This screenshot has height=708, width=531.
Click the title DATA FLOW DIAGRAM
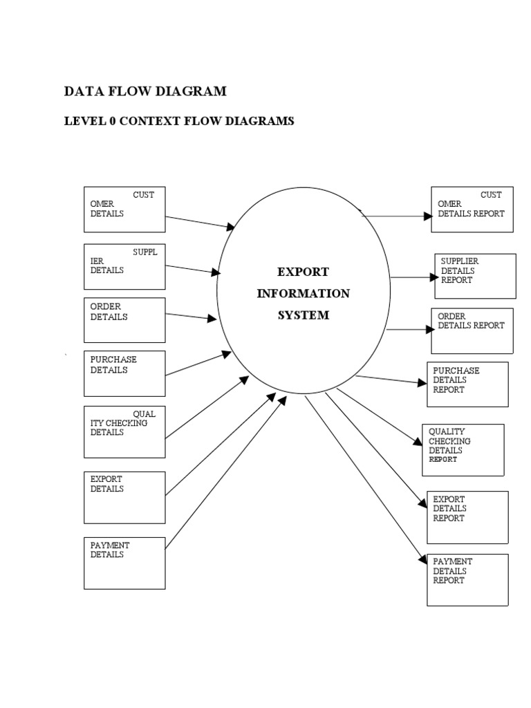coord(145,91)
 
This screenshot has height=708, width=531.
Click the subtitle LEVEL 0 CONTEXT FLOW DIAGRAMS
coord(179,122)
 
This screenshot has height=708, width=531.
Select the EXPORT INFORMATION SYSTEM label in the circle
coord(303,293)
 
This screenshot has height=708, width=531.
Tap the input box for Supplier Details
coord(124,266)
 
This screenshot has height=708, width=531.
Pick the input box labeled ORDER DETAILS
coord(124,320)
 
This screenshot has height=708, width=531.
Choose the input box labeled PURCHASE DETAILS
coord(124,373)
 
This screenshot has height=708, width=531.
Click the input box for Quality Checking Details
coord(124,431)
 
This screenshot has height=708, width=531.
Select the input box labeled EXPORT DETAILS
coord(124,497)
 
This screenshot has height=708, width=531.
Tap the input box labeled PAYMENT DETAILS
coord(124,563)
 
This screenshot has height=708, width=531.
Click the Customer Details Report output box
coord(472,209)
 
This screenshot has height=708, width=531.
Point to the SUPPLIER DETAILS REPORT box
coord(475,276)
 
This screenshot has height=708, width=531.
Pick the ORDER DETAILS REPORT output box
coord(472,330)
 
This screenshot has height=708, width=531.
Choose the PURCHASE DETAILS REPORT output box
coord(467,384)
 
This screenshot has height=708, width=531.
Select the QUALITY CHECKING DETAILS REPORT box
coord(463,449)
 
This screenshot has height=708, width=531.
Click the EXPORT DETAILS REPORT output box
coord(467,517)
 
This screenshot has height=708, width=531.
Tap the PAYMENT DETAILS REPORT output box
coord(467,579)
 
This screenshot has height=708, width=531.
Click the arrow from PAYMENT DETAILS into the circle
coord(225,474)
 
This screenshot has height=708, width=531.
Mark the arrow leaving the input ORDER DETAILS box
coord(191,316)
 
